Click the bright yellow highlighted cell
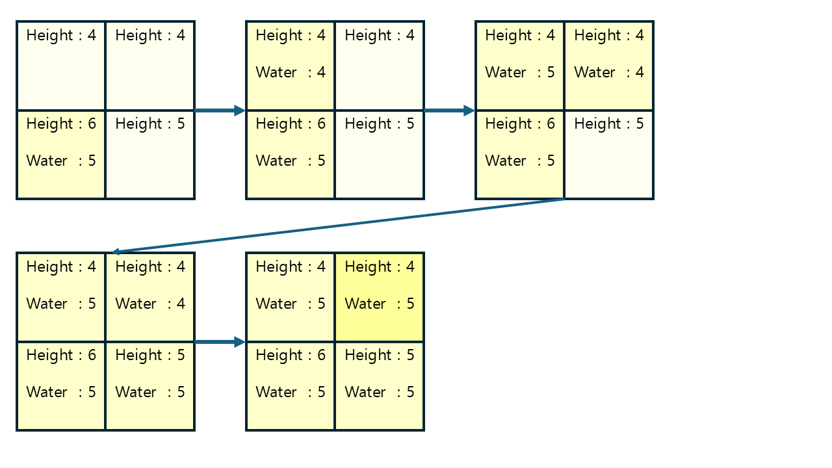pyautogui.click(x=380, y=297)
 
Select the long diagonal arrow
pyautogui.click(x=338, y=226)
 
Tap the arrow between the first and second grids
pyautogui.click(x=220, y=110)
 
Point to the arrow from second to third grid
pyautogui.click(x=449, y=110)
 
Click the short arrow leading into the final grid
pyautogui.click(x=220, y=342)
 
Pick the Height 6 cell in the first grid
pyautogui.click(x=61, y=155)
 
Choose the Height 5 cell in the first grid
pyautogui.click(x=150, y=155)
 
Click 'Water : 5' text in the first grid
pyautogui.click(x=61, y=161)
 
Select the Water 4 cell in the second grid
pyautogui.click(x=291, y=66)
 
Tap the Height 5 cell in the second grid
pyautogui.click(x=380, y=155)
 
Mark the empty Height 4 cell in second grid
pyautogui.click(x=380, y=66)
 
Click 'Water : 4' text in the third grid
pyautogui.click(x=609, y=72)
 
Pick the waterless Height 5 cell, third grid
pyautogui.click(x=609, y=155)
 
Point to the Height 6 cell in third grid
pyautogui.click(x=520, y=155)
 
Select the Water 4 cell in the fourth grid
pyautogui.click(x=150, y=297)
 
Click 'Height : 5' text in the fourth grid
pyautogui.click(x=150, y=355)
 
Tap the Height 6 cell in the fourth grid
pyautogui.click(x=61, y=386)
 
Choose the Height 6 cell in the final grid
pyautogui.click(x=291, y=386)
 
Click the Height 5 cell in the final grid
pyautogui.click(x=380, y=386)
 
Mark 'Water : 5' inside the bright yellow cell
pyautogui.click(x=380, y=304)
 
